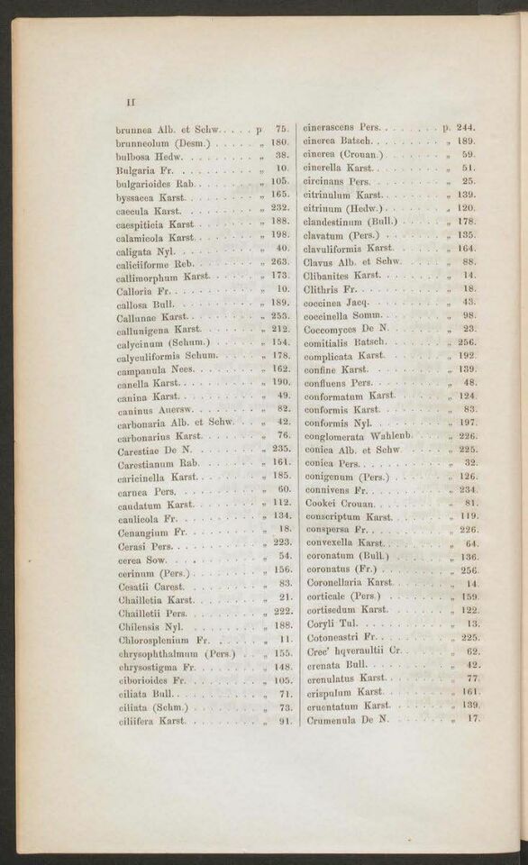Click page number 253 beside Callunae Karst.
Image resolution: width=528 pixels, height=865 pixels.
281,316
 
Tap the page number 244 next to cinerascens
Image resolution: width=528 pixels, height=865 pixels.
467,128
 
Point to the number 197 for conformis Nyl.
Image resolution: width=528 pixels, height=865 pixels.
467,423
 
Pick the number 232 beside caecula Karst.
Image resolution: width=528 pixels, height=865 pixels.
281,207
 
